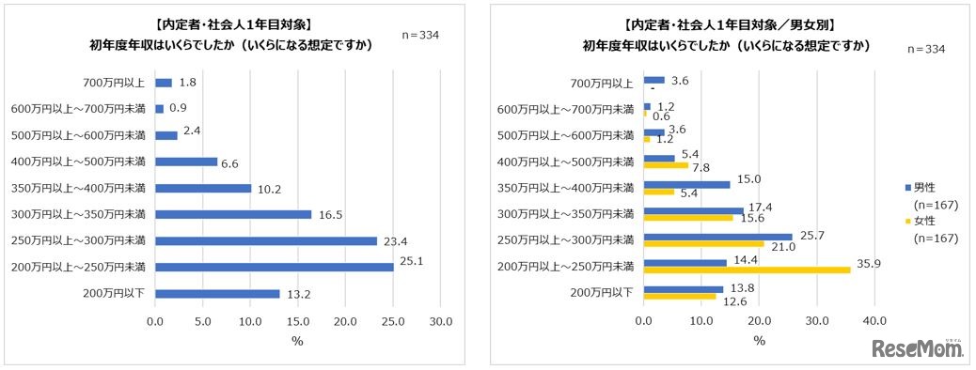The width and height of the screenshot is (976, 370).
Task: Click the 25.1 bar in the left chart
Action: click(274, 268)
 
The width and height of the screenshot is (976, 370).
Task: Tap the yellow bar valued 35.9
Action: click(747, 270)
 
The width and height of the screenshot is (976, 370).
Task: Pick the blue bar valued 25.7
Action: click(717, 236)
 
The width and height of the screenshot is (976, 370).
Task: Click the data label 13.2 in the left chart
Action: click(298, 294)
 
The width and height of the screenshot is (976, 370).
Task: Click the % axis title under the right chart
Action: click(759, 340)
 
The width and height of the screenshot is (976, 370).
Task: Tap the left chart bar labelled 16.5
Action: click(232, 214)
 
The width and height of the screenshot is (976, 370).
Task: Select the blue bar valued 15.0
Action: click(686, 184)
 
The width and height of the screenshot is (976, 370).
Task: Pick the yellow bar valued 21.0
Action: click(703, 243)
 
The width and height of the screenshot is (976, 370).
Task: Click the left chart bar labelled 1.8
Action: click(163, 83)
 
